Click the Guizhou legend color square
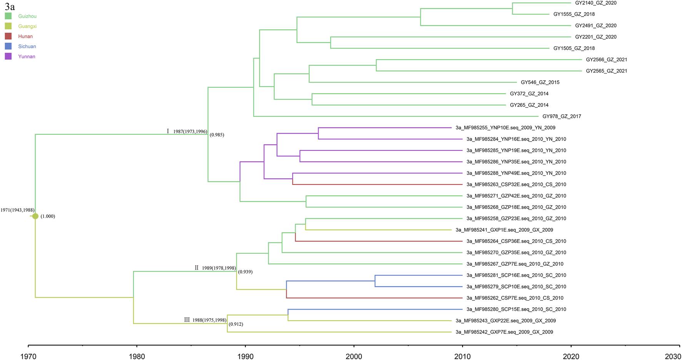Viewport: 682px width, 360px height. [x=8, y=16]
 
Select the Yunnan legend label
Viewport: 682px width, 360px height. [x=27, y=57]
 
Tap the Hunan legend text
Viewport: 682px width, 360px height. [x=25, y=37]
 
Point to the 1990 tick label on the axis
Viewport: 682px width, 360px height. [x=245, y=356]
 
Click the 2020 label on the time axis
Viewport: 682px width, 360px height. [x=571, y=356]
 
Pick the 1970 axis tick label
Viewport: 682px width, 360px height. [x=28, y=356]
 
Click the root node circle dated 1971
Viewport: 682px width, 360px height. [x=35, y=216]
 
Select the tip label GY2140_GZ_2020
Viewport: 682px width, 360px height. [x=595, y=3]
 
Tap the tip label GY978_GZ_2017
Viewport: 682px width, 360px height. [x=562, y=116]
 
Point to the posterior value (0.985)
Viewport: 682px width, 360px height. [x=217, y=135]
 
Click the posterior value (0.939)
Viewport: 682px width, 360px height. [x=245, y=272]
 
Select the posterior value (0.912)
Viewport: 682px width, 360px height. [x=236, y=324]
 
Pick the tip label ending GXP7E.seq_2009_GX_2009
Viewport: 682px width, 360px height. [x=504, y=332]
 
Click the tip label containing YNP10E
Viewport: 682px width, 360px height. [x=505, y=128]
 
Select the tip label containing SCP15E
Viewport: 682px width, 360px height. [x=516, y=309]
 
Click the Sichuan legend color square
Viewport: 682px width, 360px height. [x=8, y=46]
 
